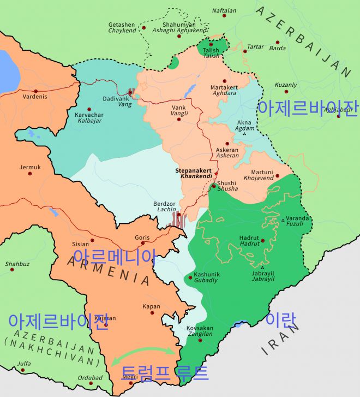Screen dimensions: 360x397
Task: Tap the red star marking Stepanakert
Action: pos(216,174)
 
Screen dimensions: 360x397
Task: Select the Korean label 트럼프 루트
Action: pos(164,373)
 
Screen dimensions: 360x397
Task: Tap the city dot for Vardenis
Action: pos(35,91)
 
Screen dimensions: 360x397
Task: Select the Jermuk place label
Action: pos(30,167)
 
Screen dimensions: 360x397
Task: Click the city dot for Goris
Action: pos(143,244)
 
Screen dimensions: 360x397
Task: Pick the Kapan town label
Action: pos(151,306)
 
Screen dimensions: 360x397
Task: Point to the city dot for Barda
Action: pos(277,42)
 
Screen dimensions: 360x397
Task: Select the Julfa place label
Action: pos(24,363)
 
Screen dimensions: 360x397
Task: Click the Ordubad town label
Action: pos(91,377)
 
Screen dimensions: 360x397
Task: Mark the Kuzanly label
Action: pos(285,85)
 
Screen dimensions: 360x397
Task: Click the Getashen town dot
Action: pos(144,28)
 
